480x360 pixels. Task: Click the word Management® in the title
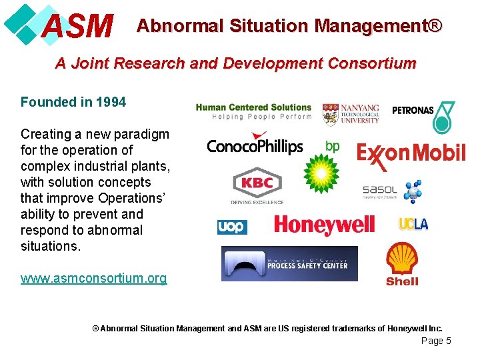pyautogui.click(x=378, y=26)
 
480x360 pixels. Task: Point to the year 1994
pyautogui.click(x=111, y=102)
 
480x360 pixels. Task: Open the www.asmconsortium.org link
pyautogui.click(x=93, y=278)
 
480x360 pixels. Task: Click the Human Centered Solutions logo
pyautogui.click(x=253, y=111)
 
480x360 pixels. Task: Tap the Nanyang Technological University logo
pyautogui.click(x=351, y=114)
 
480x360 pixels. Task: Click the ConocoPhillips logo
pyautogui.click(x=255, y=146)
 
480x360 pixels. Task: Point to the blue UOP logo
pyautogui.click(x=232, y=227)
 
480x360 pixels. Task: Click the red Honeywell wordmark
pyautogui.click(x=324, y=225)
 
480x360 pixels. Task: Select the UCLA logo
pyautogui.click(x=413, y=224)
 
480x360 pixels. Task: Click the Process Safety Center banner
pyautogui.click(x=289, y=264)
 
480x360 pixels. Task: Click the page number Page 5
pyautogui.click(x=436, y=341)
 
